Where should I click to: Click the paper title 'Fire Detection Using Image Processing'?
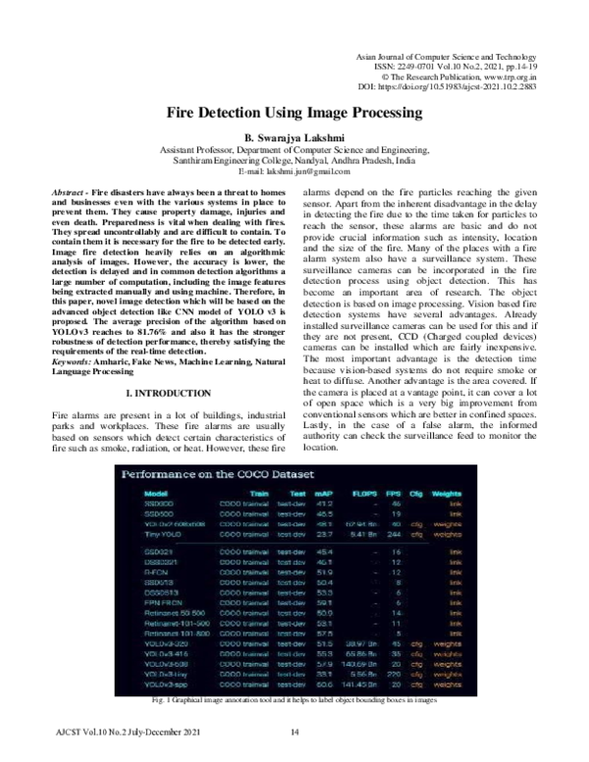294,114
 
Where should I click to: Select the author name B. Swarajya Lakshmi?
294,140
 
